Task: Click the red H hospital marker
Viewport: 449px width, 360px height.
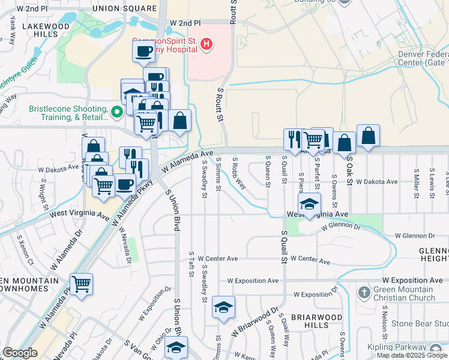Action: click(206, 44)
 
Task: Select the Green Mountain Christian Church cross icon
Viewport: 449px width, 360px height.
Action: click(364, 293)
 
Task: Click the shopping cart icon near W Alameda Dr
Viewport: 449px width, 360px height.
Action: click(81, 284)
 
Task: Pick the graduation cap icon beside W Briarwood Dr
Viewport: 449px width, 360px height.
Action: click(223, 308)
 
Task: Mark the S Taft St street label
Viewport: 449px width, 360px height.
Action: click(191, 261)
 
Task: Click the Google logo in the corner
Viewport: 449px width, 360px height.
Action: click(20, 353)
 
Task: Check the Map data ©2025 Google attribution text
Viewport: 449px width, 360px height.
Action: click(411, 355)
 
